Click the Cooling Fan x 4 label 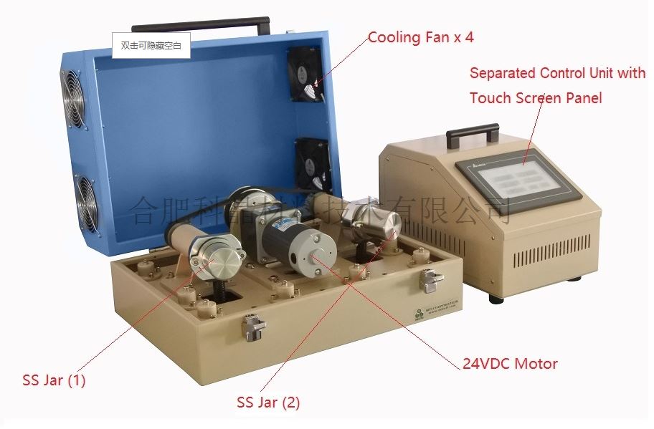click(421, 37)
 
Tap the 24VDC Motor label click(510, 364)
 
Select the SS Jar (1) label click(54, 380)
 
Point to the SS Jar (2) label click(268, 403)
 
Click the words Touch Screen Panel click(536, 98)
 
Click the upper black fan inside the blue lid click(306, 74)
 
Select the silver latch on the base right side click(430, 281)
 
